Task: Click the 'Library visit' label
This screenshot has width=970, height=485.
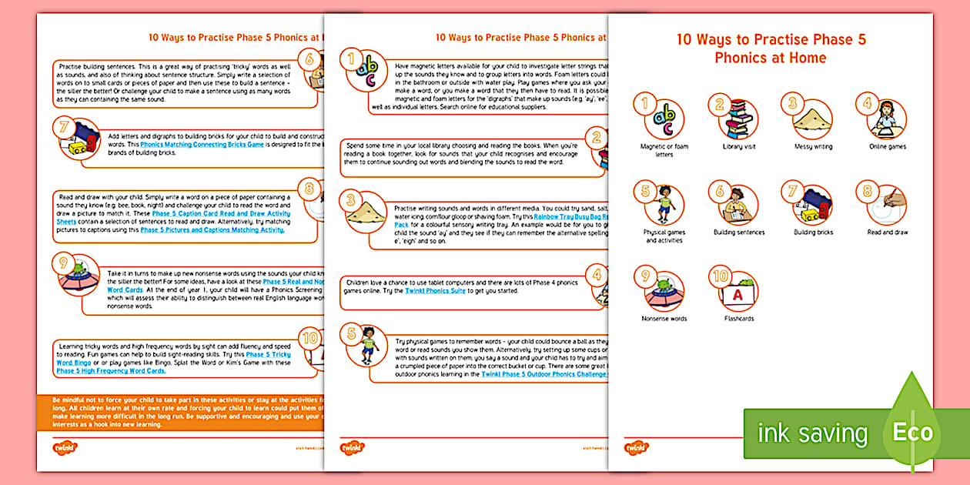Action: coord(738,146)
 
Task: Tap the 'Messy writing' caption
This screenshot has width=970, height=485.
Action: coord(813,146)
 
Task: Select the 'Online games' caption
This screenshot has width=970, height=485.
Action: coord(887,146)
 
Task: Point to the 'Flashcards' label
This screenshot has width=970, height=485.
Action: coord(739,318)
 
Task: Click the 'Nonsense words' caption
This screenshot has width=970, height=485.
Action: coord(664,318)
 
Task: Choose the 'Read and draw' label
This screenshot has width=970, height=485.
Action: coord(887,232)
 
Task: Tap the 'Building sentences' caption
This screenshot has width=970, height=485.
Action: coord(738,232)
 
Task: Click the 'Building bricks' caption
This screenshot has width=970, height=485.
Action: coord(813,232)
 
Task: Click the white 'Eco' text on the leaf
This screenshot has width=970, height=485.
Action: coord(912,432)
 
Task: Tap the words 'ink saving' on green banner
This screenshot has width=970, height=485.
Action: coord(812,433)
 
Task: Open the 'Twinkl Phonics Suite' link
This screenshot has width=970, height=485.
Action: coord(435,291)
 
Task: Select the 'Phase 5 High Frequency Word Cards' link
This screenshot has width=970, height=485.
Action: coord(111,371)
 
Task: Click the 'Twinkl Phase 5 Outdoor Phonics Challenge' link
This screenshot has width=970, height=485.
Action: coord(544,373)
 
